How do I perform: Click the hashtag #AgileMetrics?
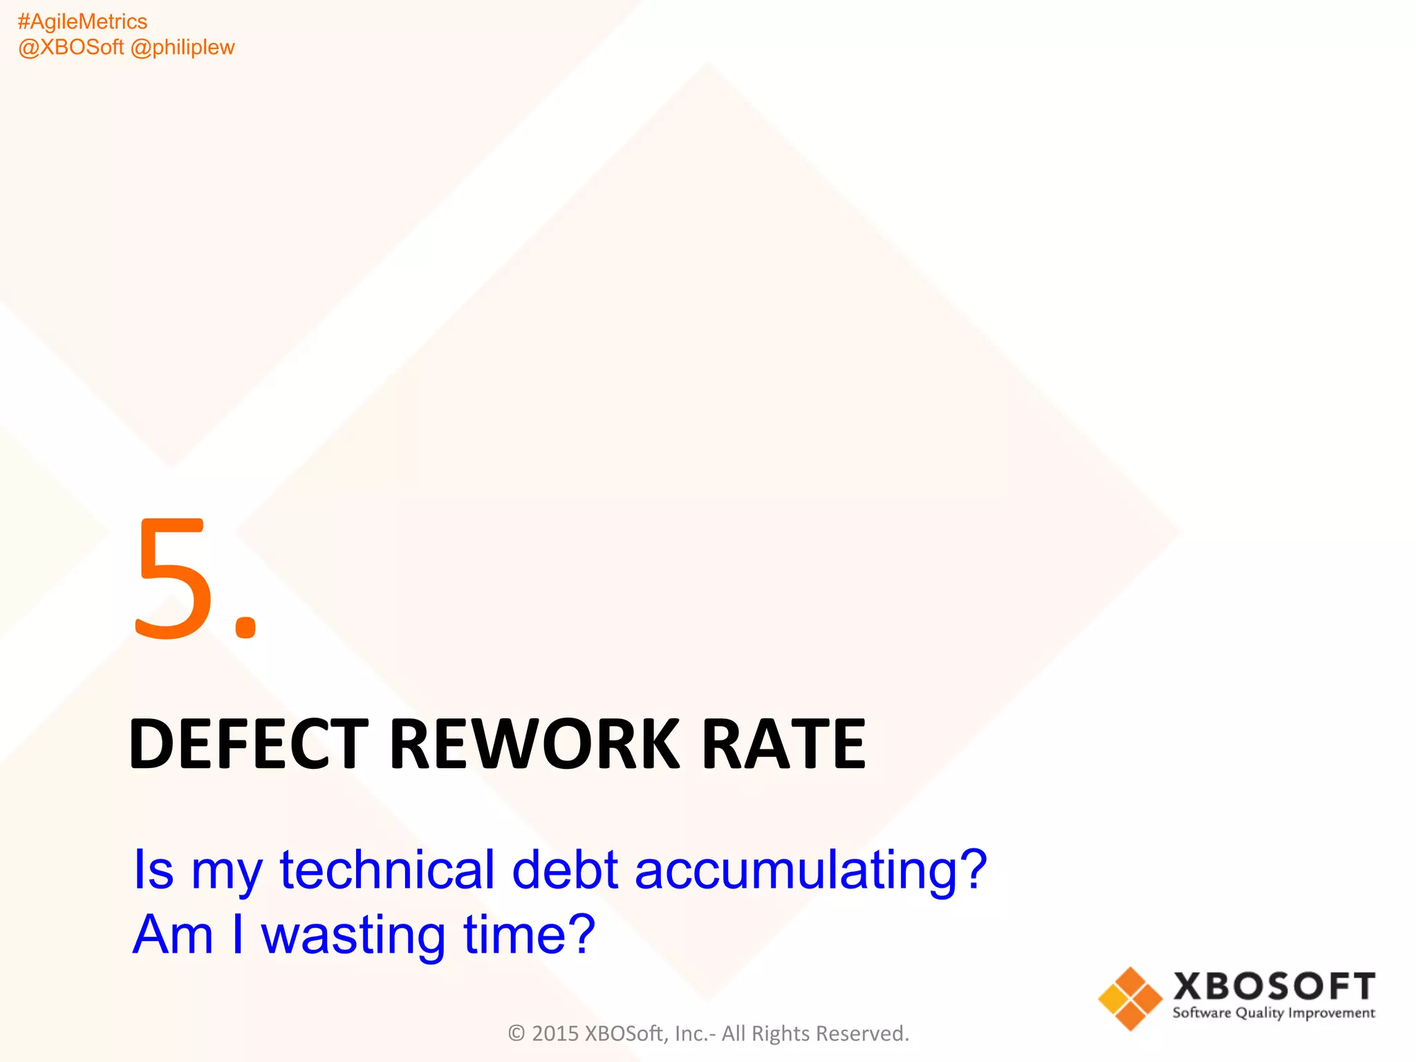click(x=82, y=22)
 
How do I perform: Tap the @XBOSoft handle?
click(x=71, y=47)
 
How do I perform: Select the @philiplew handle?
click(x=183, y=47)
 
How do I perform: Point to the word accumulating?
click(x=811, y=871)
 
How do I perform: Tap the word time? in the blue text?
click(x=529, y=934)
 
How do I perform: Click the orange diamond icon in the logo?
click(x=1130, y=998)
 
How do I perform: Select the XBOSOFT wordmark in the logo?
click(x=1274, y=987)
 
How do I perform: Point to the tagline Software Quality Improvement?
click(x=1274, y=1014)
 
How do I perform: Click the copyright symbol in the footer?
click(x=516, y=1033)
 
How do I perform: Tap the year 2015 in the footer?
click(x=555, y=1033)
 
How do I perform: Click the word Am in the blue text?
click(x=173, y=934)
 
